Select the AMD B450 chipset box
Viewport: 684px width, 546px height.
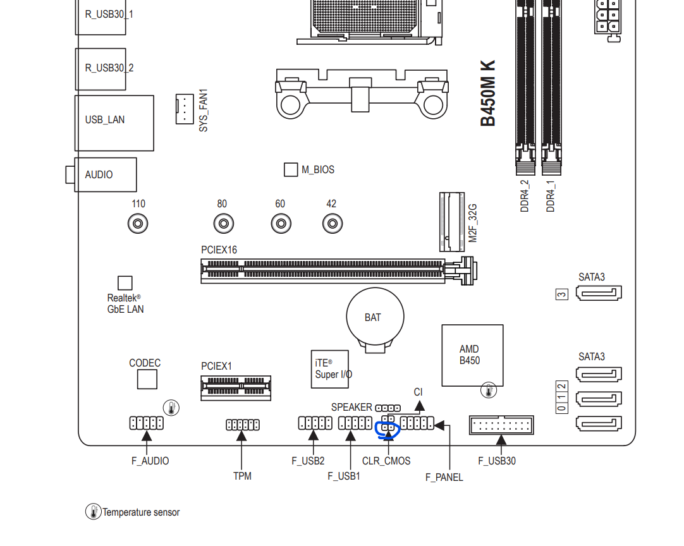click(x=472, y=355)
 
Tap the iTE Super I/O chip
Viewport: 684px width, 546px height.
click(x=330, y=369)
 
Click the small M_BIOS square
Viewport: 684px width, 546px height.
click(x=291, y=169)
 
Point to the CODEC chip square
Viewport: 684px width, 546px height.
click(x=147, y=379)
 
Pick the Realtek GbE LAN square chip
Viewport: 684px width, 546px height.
click(x=125, y=283)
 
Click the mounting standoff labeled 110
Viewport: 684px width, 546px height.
click(x=138, y=224)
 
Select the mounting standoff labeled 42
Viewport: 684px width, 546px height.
click(x=332, y=224)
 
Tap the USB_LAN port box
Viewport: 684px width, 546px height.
click(x=114, y=123)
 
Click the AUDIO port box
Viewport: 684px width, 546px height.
click(x=104, y=174)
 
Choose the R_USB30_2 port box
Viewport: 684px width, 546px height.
click(x=101, y=69)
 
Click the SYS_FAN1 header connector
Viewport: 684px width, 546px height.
click(x=184, y=109)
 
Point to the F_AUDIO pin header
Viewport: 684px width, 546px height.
click(x=147, y=423)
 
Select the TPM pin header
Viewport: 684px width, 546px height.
click(x=242, y=425)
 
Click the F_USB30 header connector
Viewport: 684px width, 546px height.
click(x=501, y=425)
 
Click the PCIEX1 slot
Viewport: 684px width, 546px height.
click(x=236, y=387)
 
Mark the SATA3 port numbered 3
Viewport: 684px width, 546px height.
click(x=599, y=293)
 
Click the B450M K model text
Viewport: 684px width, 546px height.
click(x=488, y=93)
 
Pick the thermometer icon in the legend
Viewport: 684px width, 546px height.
click(x=94, y=512)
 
